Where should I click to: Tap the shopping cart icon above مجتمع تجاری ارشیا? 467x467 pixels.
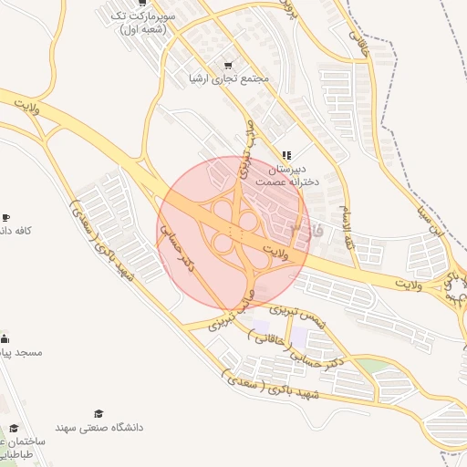pyautogui.click(x=227, y=65)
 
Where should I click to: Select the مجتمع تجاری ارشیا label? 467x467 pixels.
pyautogui.click(x=228, y=79)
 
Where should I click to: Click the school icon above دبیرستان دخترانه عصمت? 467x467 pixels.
pyautogui.click(x=286, y=155)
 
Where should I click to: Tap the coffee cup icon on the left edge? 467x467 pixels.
pyautogui.click(x=5, y=217)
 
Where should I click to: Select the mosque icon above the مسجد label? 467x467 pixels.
pyautogui.click(x=5, y=337)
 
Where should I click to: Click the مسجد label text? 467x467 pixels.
pyautogui.click(x=22, y=351)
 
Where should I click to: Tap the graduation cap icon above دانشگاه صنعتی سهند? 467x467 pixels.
pyautogui.click(x=99, y=413)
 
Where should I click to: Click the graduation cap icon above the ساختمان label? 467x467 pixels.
pyautogui.click(x=14, y=427)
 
